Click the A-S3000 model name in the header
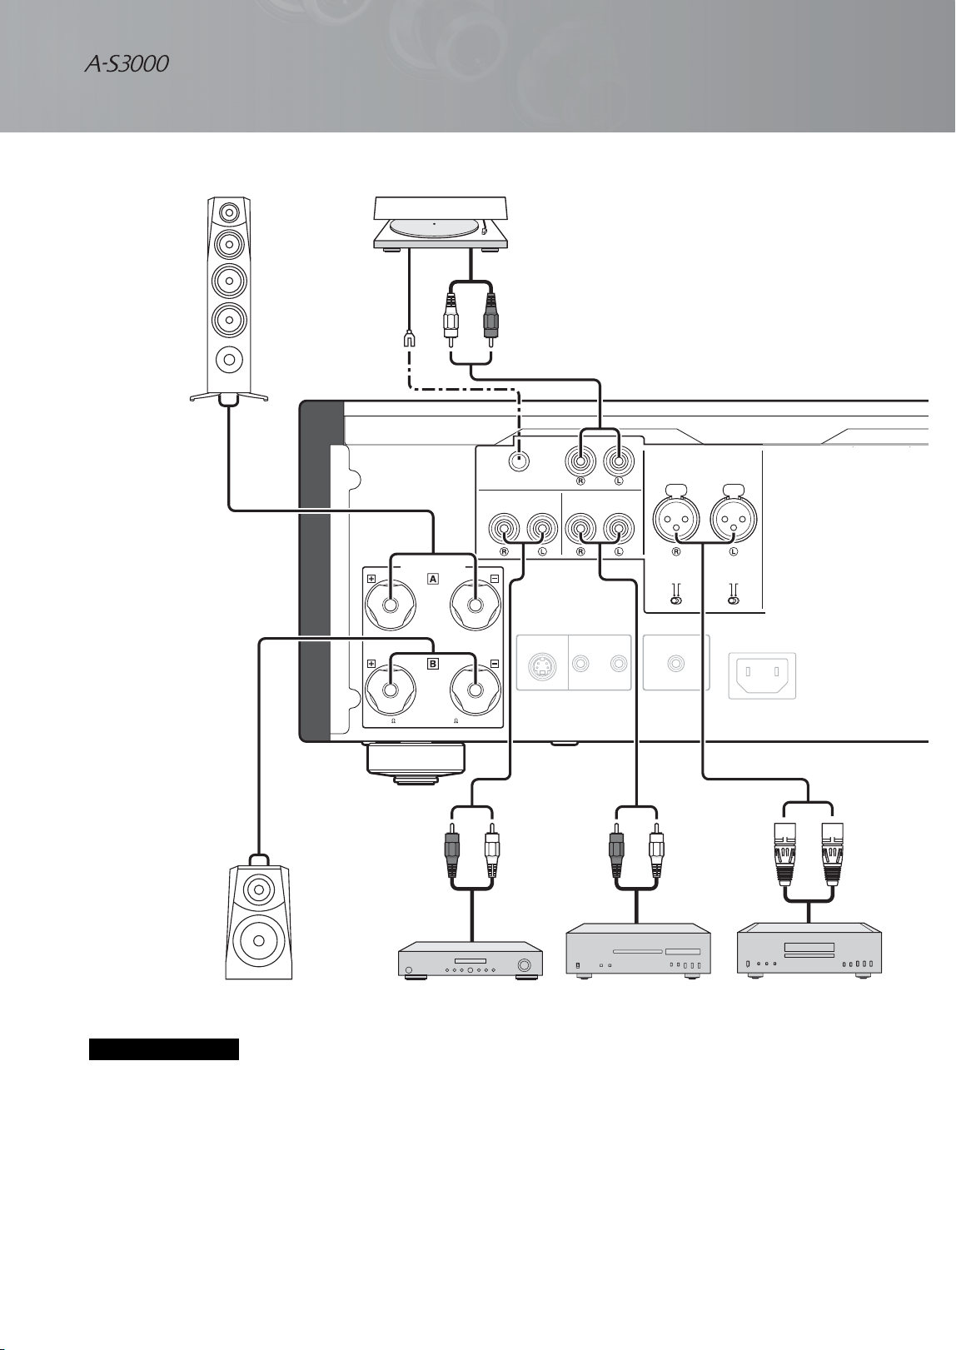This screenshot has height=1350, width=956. (x=126, y=64)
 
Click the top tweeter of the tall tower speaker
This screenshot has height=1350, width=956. (x=229, y=212)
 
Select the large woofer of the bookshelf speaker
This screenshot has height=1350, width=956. (x=259, y=941)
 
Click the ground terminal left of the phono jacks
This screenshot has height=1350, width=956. (x=518, y=462)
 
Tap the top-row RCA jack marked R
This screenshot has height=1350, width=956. (x=580, y=462)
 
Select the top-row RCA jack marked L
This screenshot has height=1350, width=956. (x=619, y=462)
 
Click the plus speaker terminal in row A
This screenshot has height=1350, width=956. (x=391, y=605)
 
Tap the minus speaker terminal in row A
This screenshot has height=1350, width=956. (x=476, y=605)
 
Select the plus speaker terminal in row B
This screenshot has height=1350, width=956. (x=391, y=690)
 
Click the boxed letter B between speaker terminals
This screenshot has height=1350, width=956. (x=432, y=664)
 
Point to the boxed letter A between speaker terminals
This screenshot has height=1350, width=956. (x=432, y=579)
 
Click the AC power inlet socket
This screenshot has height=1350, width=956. (x=762, y=675)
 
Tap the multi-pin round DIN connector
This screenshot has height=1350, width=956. (x=541, y=665)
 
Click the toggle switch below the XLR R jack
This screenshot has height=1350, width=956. (x=676, y=600)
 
